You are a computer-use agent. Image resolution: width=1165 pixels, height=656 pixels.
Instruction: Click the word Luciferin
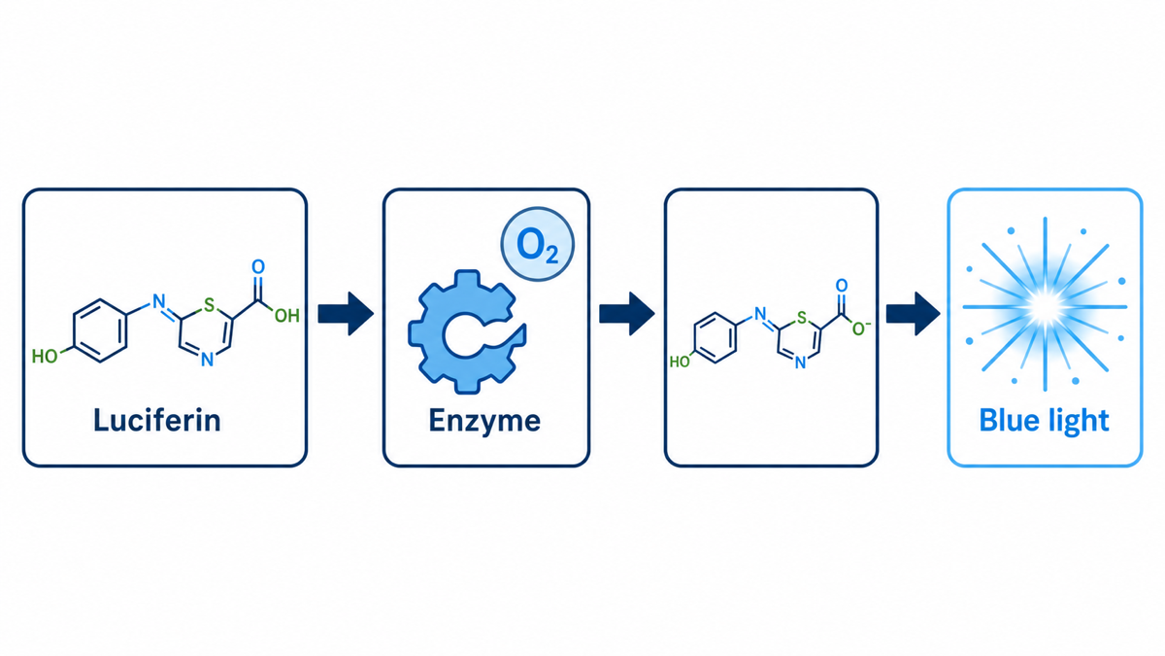tap(157, 421)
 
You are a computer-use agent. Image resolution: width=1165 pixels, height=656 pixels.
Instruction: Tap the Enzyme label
tap(484, 422)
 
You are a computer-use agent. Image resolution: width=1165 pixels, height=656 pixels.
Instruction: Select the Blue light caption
tap(1045, 422)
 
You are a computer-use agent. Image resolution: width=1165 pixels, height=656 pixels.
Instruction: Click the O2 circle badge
tap(537, 244)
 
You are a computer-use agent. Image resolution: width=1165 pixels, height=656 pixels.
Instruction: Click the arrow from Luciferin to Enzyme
tap(346, 313)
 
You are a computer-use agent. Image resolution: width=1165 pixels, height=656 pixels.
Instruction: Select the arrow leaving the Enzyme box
tap(627, 313)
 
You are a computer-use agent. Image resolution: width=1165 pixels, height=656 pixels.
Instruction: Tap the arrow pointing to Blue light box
tap(914, 313)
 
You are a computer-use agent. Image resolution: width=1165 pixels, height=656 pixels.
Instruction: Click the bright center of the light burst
tap(1046, 307)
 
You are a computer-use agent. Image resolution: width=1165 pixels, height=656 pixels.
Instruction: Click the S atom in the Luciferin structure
tap(209, 305)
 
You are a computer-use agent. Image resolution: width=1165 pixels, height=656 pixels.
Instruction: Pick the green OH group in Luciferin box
tap(286, 315)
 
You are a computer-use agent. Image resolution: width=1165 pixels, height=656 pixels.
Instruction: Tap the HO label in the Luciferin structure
tap(45, 357)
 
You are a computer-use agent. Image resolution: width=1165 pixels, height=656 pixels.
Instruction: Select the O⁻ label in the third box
tap(861, 328)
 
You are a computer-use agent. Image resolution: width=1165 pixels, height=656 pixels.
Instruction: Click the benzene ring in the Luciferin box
tap(100, 330)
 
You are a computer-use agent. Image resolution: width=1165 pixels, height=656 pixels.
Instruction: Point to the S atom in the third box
tap(802, 317)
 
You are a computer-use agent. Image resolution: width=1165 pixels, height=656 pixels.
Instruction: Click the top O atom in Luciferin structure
tap(258, 266)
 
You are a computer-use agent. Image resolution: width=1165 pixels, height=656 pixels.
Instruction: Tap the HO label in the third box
tap(680, 362)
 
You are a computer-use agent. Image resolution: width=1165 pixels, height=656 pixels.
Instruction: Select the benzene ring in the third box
tap(716, 337)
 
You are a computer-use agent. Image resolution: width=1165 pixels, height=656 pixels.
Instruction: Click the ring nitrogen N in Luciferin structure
tap(207, 360)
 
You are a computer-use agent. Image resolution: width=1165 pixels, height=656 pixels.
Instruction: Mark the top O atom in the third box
tap(842, 286)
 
